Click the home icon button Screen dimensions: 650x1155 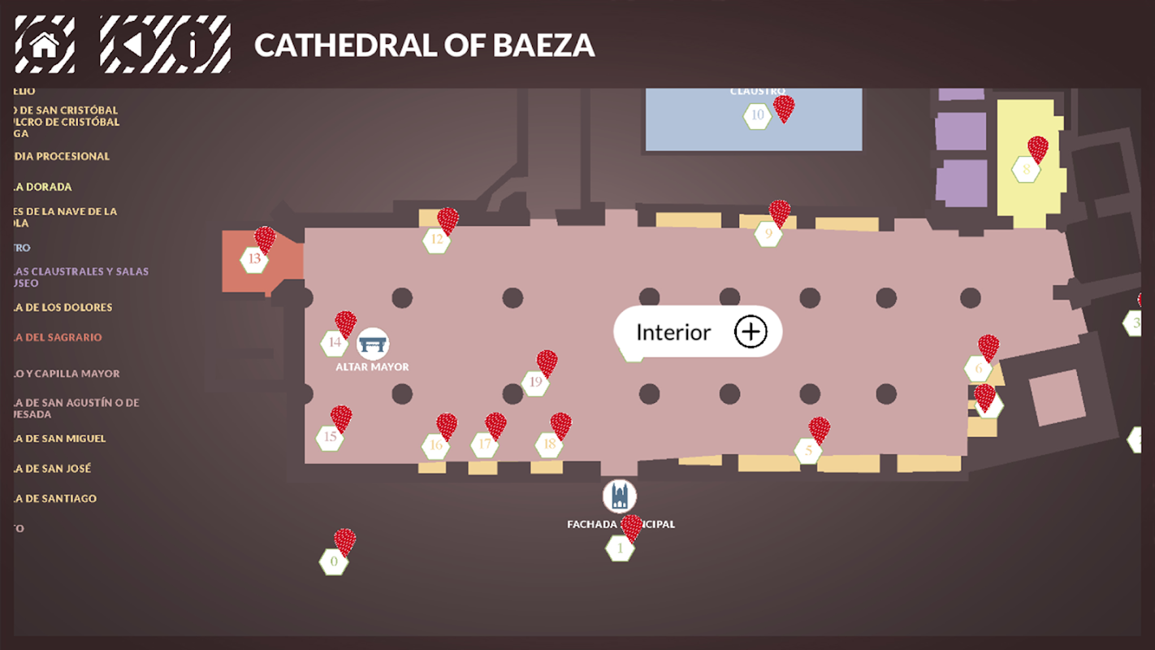(x=45, y=45)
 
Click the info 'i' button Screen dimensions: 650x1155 (x=192, y=45)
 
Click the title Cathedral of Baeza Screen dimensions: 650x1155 (x=424, y=45)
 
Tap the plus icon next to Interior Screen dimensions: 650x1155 (x=751, y=331)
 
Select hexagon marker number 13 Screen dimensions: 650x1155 (x=254, y=260)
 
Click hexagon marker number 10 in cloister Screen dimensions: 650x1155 (x=757, y=115)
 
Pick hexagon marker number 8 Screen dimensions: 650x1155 (x=1026, y=170)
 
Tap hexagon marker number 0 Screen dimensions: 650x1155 (x=333, y=561)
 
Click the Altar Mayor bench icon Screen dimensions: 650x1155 (x=373, y=344)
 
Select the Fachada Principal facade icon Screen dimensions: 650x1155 (x=620, y=496)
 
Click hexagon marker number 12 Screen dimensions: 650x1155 (x=437, y=240)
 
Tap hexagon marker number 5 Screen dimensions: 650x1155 (x=808, y=450)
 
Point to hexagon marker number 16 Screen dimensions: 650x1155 (x=436, y=445)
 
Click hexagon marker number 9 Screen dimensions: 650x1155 (x=768, y=234)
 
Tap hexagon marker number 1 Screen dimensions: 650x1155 (x=620, y=548)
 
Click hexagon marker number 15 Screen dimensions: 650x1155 (x=330, y=438)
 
